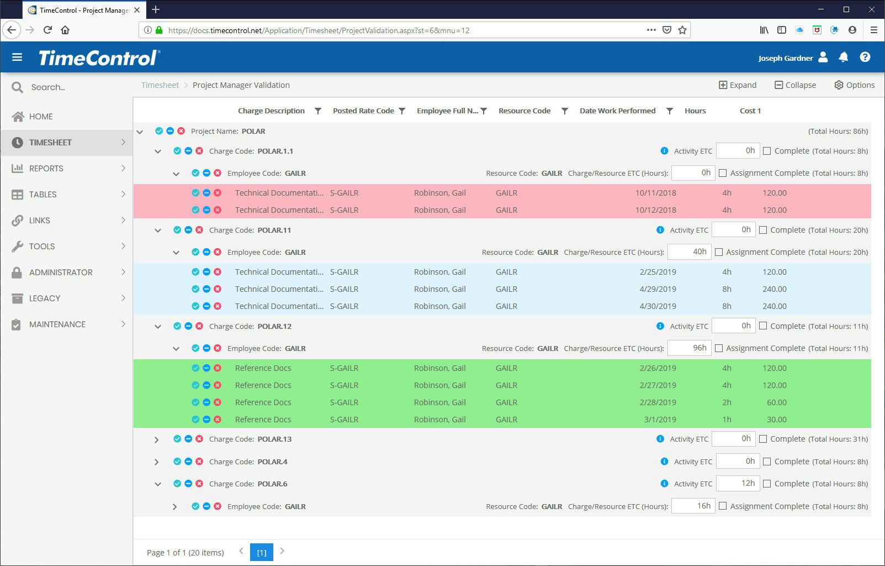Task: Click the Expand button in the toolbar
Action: [737, 85]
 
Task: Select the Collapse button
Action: [795, 85]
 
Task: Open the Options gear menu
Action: [854, 85]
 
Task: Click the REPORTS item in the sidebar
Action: [46, 169]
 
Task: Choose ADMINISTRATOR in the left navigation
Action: [61, 272]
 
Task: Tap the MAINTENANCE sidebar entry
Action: [57, 324]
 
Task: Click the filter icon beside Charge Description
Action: [318, 111]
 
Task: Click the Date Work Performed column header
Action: [617, 111]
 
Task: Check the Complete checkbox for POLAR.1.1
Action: [767, 151]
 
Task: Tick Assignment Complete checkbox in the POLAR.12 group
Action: [719, 348]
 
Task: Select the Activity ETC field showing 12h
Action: [738, 484]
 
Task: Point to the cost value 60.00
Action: [776, 402]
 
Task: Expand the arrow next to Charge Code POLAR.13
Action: [157, 439]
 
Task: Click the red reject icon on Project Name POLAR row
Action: [181, 132]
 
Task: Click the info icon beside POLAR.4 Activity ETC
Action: [664, 462]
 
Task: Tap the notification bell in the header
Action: [844, 57]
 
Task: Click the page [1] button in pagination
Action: [262, 552]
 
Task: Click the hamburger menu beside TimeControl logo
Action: [17, 57]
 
